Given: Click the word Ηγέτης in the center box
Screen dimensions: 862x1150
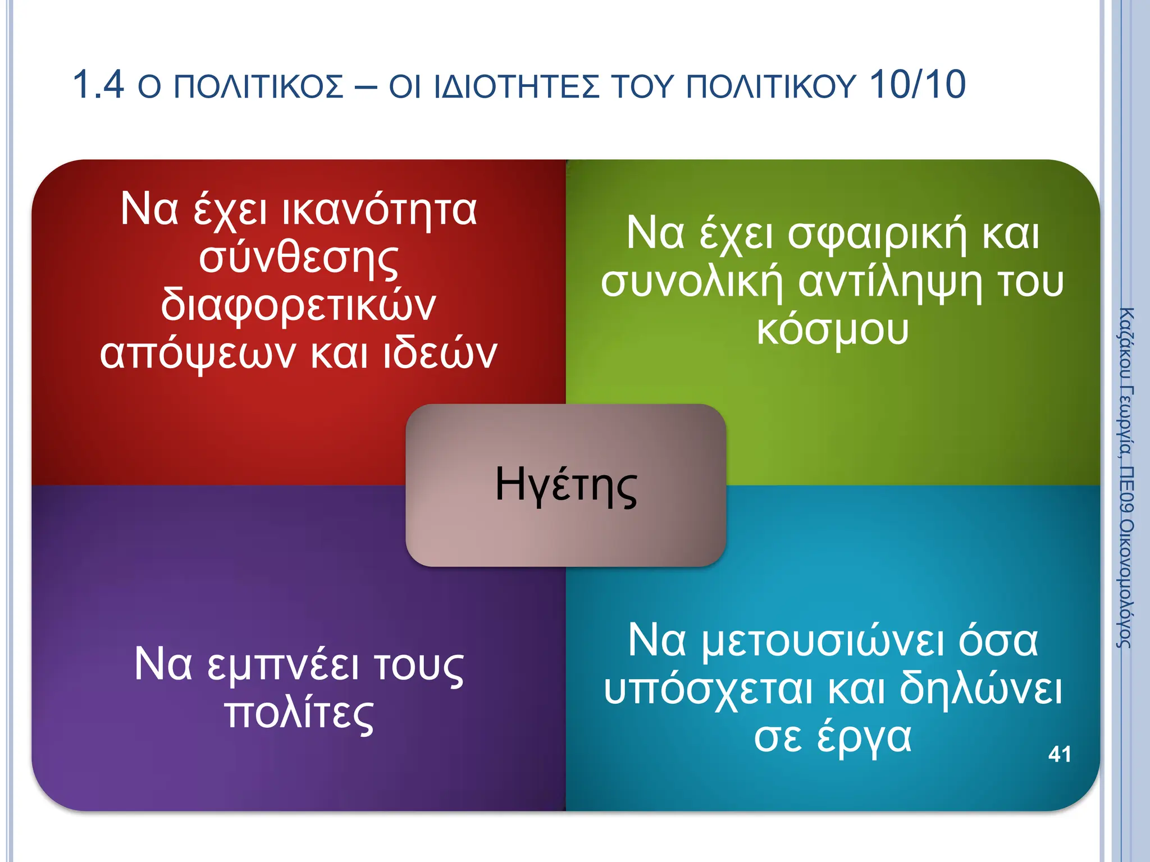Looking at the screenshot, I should [566, 486].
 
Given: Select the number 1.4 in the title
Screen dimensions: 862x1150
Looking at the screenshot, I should [98, 85].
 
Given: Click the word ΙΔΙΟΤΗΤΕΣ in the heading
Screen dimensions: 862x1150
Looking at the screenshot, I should [517, 88].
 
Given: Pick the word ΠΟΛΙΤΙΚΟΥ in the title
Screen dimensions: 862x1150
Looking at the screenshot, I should [771, 88].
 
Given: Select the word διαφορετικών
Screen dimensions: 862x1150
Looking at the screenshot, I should [299, 306].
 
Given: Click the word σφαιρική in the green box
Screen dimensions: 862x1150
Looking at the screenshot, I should [877, 234].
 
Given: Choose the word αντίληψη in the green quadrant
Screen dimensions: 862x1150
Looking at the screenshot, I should [890, 282].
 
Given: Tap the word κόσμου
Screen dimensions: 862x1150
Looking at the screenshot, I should [832, 330].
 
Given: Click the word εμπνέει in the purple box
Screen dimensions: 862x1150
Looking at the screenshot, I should [283, 664].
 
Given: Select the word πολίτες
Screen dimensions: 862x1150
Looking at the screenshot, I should [299, 714].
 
